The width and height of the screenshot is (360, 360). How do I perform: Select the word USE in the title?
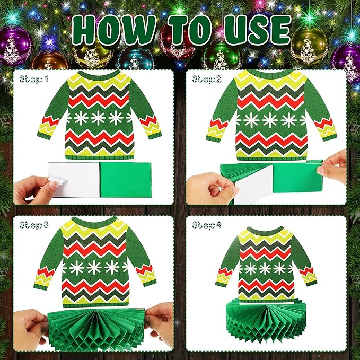254,32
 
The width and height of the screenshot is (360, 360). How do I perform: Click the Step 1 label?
34,80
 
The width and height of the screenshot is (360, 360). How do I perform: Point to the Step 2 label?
207,80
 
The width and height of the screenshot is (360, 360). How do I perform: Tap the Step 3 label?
34,225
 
